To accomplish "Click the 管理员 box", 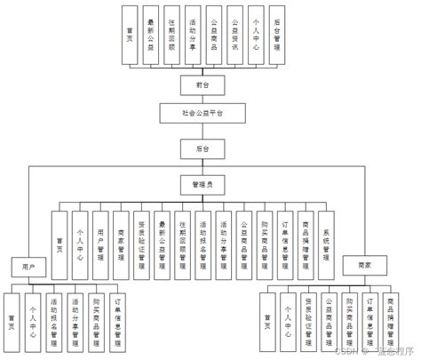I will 203,183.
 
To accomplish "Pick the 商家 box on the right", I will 362,263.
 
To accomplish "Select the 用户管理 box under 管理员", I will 99,234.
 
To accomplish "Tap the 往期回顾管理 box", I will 182,234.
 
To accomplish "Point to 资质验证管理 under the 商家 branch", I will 308,318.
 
